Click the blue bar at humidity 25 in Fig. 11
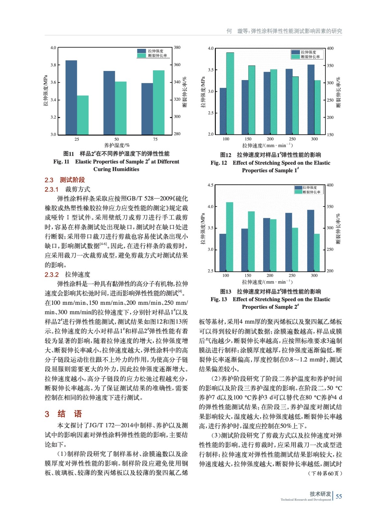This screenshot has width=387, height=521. tap(71, 97)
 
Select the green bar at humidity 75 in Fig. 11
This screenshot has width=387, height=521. tap(159, 102)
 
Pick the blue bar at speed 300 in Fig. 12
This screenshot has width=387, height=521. tap(311, 99)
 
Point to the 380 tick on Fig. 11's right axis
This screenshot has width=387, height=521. tap(177, 48)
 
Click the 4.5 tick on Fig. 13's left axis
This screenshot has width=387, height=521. tap(210, 185)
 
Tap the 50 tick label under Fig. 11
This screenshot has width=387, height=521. tap(116, 139)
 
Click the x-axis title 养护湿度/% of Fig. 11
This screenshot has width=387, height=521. tap(117, 145)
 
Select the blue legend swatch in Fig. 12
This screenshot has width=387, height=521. tap(295, 52)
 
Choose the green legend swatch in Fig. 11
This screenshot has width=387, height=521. tap(141, 56)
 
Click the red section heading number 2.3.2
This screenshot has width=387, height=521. tap(52, 275)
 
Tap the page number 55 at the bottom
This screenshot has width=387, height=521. tap(339, 497)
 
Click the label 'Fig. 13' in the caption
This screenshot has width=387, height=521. tap(219, 299)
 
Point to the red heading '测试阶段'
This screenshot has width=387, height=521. tap(72, 180)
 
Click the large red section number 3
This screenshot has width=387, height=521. tap(47, 414)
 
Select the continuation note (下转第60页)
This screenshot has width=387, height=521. tap(325, 473)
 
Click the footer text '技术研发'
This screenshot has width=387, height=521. tap(320, 494)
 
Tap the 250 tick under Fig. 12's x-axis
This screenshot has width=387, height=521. tap(292, 139)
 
